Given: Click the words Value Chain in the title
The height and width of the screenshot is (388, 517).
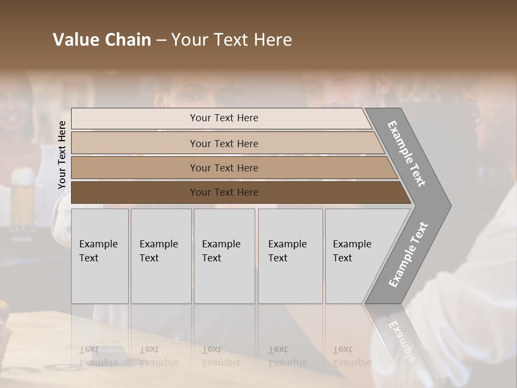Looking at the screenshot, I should tap(102, 40).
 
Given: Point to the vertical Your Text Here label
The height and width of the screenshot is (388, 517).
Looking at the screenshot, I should tap(62, 155).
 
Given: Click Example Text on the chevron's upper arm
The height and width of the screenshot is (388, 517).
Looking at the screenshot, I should tap(407, 154).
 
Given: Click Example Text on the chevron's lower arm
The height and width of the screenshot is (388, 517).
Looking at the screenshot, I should tap(408, 254).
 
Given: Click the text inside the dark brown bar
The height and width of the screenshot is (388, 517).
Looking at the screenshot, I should tap(224, 192).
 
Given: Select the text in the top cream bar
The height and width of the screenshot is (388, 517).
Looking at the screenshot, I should tap(224, 118).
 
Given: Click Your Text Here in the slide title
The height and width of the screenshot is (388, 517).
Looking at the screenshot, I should tap(232, 40).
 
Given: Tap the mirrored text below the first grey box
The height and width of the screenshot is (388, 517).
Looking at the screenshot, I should tap(98, 356).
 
